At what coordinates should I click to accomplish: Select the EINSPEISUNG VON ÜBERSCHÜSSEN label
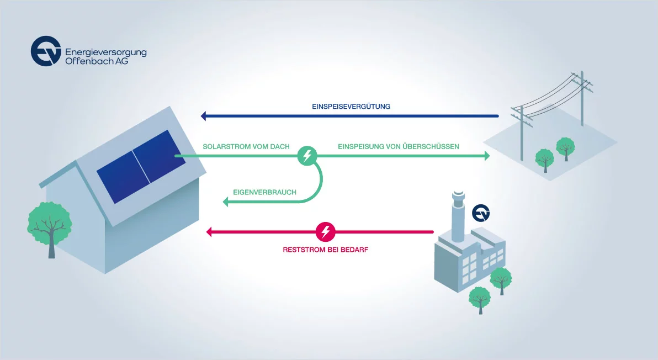pos(399,146)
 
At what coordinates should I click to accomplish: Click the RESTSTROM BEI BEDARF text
pos(325,250)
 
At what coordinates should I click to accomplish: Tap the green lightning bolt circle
pos(307,156)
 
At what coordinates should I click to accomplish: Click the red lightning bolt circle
pos(326,232)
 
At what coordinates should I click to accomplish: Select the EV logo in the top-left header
pos(45,51)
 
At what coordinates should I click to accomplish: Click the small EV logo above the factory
pos(481,213)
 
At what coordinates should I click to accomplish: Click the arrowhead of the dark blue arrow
pos(204,116)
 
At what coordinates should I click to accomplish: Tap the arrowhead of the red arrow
pos(209,232)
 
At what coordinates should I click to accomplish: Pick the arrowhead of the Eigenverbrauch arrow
pos(226,203)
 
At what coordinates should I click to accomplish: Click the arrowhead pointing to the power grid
pos(486,156)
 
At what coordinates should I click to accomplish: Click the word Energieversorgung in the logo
pos(105,52)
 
